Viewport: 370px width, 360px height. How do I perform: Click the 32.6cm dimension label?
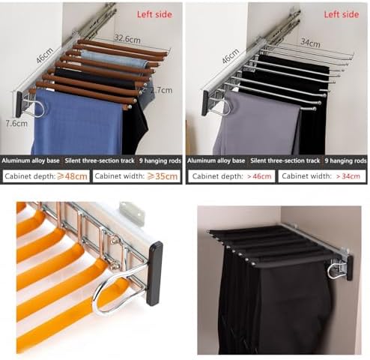(x=127, y=39)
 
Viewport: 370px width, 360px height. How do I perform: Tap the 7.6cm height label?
(x=16, y=123)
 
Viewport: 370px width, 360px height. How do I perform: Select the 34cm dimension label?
(x=310, y=42)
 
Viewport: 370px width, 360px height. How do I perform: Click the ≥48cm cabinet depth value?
(x=72, y=176)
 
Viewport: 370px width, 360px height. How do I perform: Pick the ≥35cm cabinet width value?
(x=163, y=176)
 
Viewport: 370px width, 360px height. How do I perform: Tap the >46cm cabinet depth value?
(x=259, y=176)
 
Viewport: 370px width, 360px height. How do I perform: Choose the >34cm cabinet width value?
(x=348, y=176)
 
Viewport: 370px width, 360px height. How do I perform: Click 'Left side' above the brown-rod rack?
(x=154, y=14)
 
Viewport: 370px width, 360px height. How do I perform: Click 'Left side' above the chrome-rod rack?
(x=342, y=14)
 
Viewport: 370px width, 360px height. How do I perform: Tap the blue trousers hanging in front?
(x=77, y=122)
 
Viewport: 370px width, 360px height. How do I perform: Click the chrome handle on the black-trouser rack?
(x=336, y=270)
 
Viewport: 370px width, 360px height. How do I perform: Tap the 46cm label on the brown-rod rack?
(x=44, y=55)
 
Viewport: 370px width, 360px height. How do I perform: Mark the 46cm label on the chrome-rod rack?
(x=230, y=56)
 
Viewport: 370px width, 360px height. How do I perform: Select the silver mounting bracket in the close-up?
(x=132, y=211)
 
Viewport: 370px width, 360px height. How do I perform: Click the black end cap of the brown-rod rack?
(x=19, y=104)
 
